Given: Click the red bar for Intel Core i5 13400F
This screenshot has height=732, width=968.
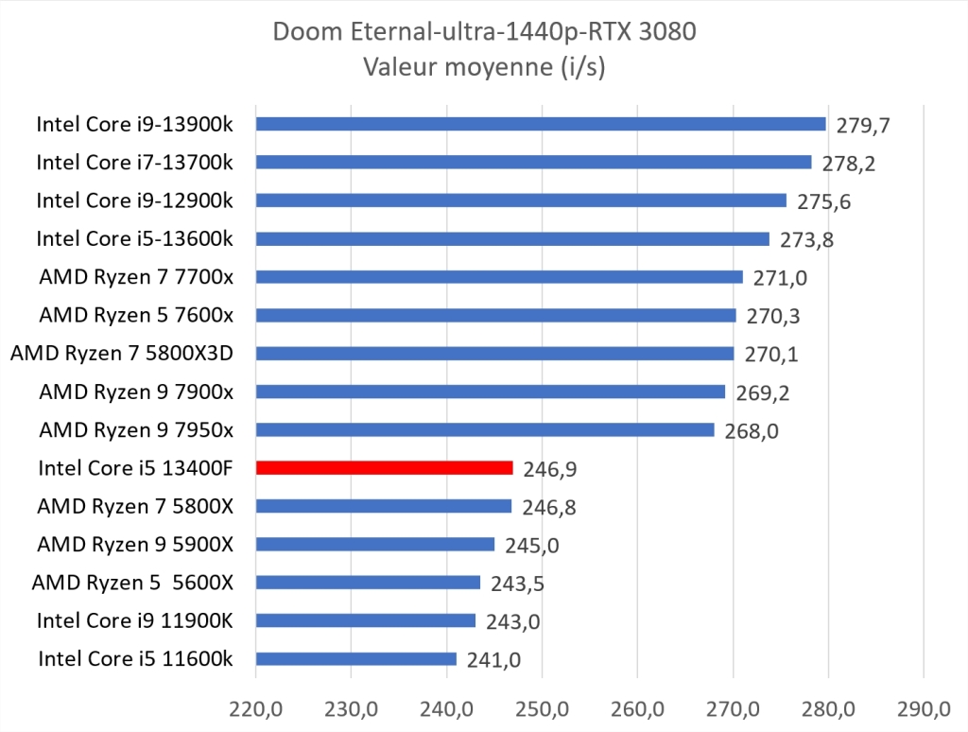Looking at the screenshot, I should (x=384, y=467).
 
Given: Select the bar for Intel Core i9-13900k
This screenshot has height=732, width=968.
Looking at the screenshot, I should (x=540, y=124).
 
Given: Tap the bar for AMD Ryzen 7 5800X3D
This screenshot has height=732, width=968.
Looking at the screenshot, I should (x=494, y=353).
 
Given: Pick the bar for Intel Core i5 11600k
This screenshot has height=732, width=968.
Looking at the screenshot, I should (x=355, y=658).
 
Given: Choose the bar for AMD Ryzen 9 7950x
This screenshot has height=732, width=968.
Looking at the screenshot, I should (x=485, y=429).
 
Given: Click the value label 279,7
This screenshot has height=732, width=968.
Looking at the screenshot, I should (x=862, y=125).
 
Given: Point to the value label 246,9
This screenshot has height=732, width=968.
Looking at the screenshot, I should (x=549, y=469).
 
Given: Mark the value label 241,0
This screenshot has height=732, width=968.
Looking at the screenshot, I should (x=493, y=660).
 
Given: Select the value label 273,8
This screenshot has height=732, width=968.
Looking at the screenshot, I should (x=806, y=239).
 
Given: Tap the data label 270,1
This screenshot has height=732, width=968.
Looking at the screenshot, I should (x=770, y=354).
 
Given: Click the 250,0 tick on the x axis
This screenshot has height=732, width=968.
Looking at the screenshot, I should (x=542, y=707).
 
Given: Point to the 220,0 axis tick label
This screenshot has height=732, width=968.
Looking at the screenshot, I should (x=255, y=707).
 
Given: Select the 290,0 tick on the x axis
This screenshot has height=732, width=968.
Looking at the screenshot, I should (x=924, y=707).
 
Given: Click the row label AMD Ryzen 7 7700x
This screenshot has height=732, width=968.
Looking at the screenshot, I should (x=136, y=276).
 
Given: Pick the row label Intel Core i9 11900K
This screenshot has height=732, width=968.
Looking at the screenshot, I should (x=135, y=620).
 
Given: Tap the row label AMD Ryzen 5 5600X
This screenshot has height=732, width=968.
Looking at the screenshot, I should (x=132, y=582).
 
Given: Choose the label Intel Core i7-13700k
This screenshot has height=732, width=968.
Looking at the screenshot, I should (x=135, y=162).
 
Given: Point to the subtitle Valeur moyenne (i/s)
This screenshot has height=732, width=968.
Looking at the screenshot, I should (x=483, y=66).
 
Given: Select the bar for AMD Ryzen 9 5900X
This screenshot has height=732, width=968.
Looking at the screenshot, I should (x=375, y=544).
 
